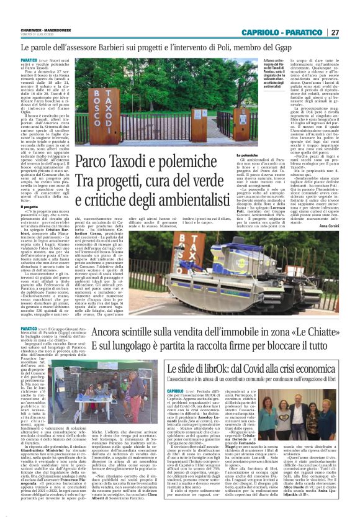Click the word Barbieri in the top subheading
(132, 47)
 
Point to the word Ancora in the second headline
(110, 316)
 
